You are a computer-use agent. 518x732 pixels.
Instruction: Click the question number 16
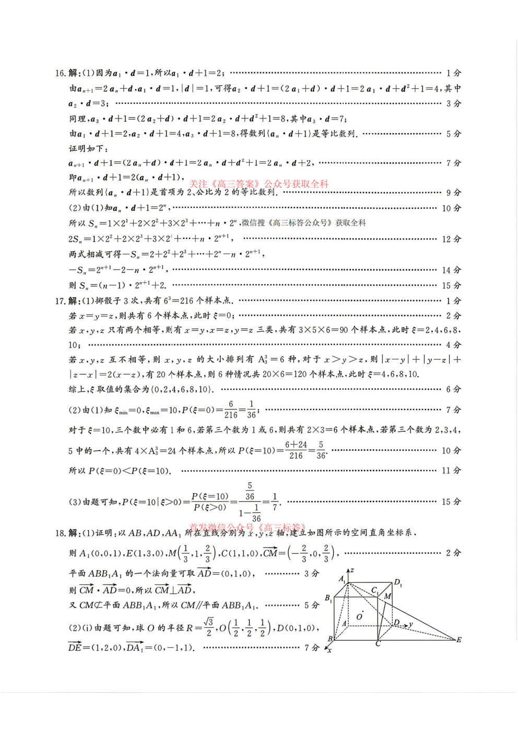[60, 73]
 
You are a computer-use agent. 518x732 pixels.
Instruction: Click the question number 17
[60, 301]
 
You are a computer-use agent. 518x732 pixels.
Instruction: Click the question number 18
[60, 533]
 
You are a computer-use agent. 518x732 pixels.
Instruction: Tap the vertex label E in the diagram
[459, 640]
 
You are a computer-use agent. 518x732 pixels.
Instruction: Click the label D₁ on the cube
[398, 582]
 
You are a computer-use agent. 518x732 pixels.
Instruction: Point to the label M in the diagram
[387, 596]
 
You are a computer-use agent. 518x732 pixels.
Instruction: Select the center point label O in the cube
[359, 617]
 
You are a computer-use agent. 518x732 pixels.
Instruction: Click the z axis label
[352, 570]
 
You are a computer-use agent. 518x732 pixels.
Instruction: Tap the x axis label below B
[329, 650]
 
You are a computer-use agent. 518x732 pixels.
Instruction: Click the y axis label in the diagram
[411, 624]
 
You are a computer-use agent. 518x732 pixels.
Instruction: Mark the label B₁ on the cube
[328, 598]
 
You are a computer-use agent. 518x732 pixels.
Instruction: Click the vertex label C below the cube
[378, 644]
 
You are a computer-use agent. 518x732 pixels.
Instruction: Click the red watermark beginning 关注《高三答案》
[258, 184]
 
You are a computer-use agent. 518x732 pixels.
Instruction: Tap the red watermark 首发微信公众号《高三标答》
[248, 527]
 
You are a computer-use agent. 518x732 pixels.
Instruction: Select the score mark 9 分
[453, 193]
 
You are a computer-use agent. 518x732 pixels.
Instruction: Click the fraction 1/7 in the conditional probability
[275, 502]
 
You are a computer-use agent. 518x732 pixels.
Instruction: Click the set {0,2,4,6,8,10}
[181, 389]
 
